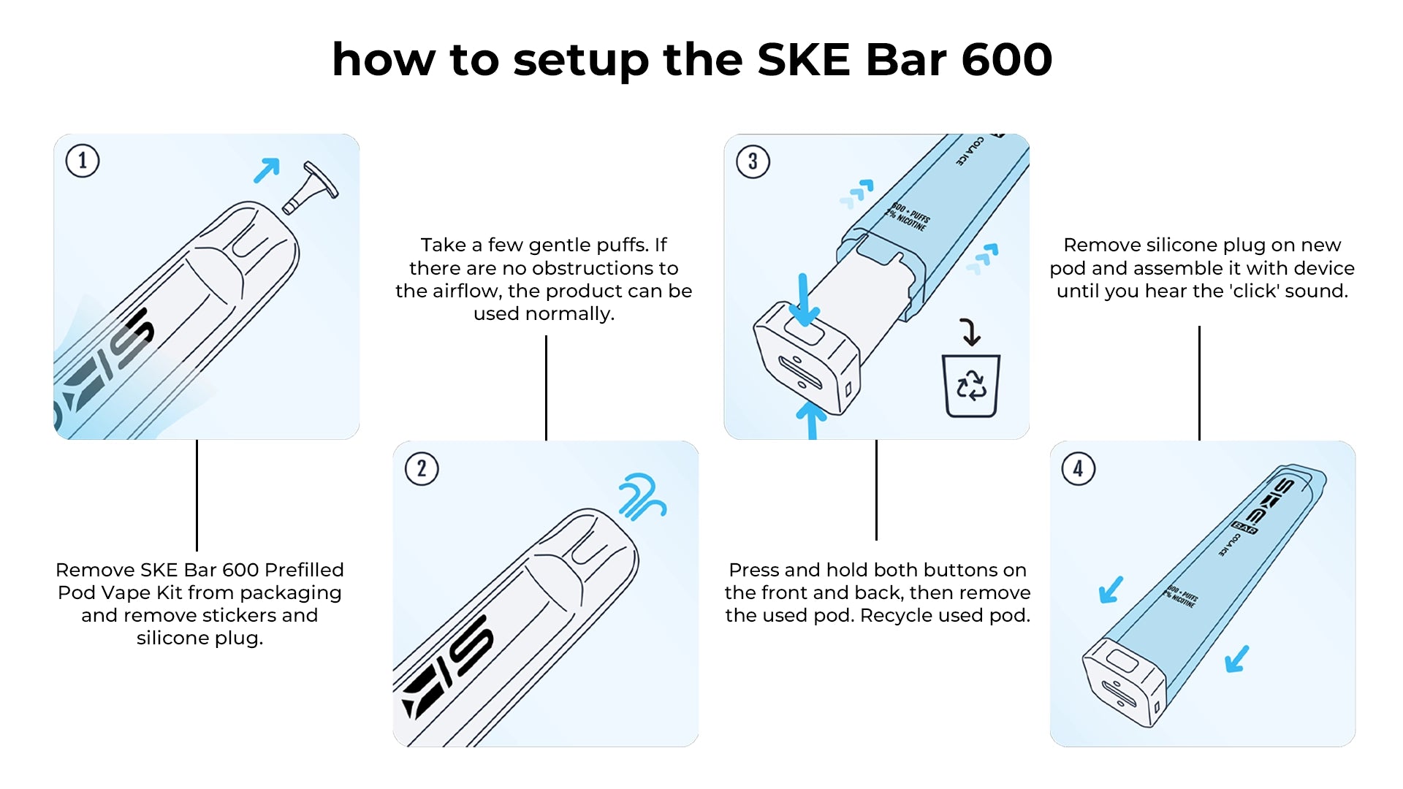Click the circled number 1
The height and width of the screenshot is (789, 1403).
click(82, 161)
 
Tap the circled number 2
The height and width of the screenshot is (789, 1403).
click(422, 469)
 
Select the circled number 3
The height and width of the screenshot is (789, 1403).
click(753, 161)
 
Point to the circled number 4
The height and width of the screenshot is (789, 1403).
click(1078, 469)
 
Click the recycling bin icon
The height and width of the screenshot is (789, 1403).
click(971, 386)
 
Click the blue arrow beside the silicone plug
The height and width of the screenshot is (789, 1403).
click(267, 170)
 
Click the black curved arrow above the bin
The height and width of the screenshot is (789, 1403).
click(970, 331)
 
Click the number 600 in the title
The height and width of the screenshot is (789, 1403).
click(1006, 60)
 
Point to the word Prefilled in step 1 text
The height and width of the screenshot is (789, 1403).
click(304, 570)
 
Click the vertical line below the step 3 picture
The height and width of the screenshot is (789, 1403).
click(876, 489)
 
